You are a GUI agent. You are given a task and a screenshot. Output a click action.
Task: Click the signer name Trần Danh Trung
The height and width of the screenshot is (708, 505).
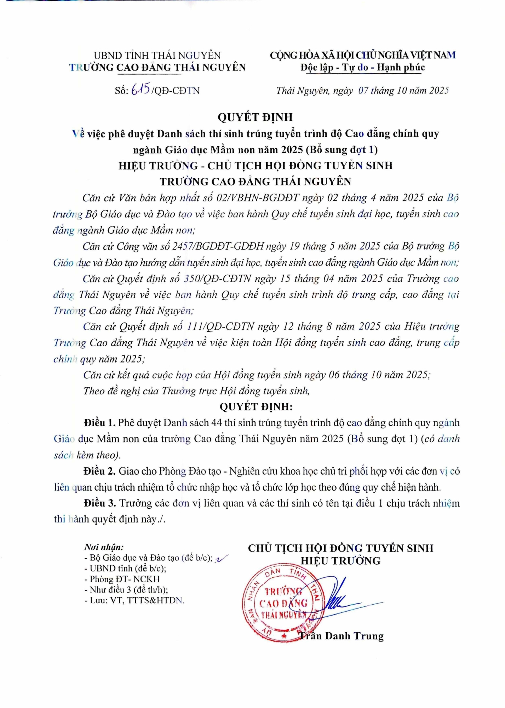[x=342, y=636]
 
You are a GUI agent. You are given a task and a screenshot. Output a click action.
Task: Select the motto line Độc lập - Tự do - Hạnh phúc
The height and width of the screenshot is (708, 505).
[x=363, y=67]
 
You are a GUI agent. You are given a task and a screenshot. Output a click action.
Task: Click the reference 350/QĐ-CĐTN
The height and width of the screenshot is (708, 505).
[x=217, y=279]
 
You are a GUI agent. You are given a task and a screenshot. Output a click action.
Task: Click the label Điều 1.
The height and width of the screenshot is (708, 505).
[x=99, y=423]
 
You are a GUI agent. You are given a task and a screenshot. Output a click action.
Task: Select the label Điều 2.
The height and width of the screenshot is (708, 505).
[x=99, y=471]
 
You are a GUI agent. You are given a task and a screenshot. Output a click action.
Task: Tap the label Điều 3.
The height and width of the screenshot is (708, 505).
[x=100, y=503]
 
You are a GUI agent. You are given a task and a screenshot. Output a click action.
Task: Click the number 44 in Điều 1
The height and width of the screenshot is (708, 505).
[x=216, y=423]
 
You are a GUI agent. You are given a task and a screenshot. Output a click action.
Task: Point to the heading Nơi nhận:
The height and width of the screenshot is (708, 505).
[x=104, y=547]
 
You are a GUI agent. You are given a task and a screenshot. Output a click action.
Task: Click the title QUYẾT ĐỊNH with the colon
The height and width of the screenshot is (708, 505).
[x=256, y=407]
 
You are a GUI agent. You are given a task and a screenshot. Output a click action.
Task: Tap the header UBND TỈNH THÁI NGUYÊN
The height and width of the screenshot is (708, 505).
[x=157, y=56]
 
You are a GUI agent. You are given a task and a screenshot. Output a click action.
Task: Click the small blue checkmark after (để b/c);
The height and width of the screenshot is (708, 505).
[x=222, y=558]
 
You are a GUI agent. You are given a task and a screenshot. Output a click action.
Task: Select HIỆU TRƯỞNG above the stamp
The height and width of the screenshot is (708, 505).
[x=340, y=561]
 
